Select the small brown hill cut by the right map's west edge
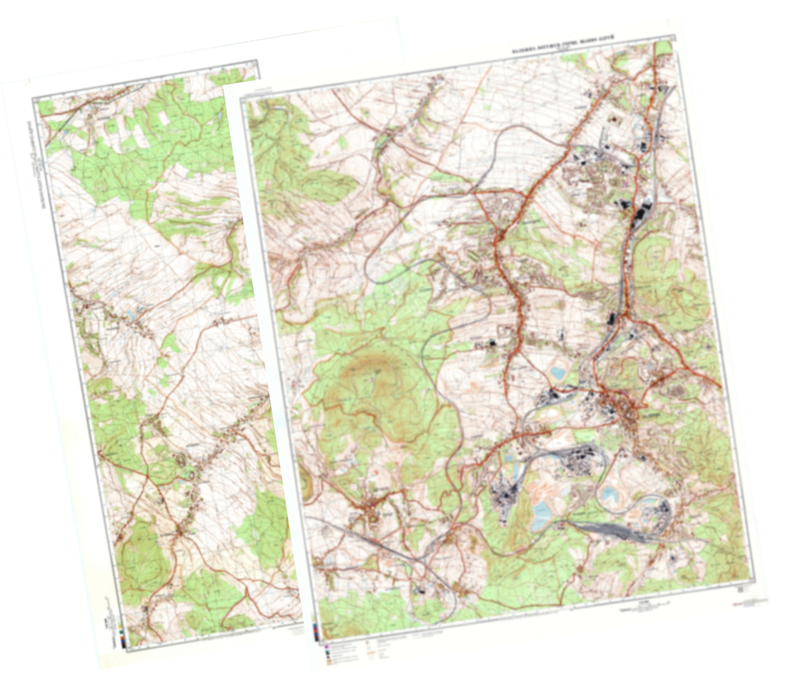305,484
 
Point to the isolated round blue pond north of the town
558,373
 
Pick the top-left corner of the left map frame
34,100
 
